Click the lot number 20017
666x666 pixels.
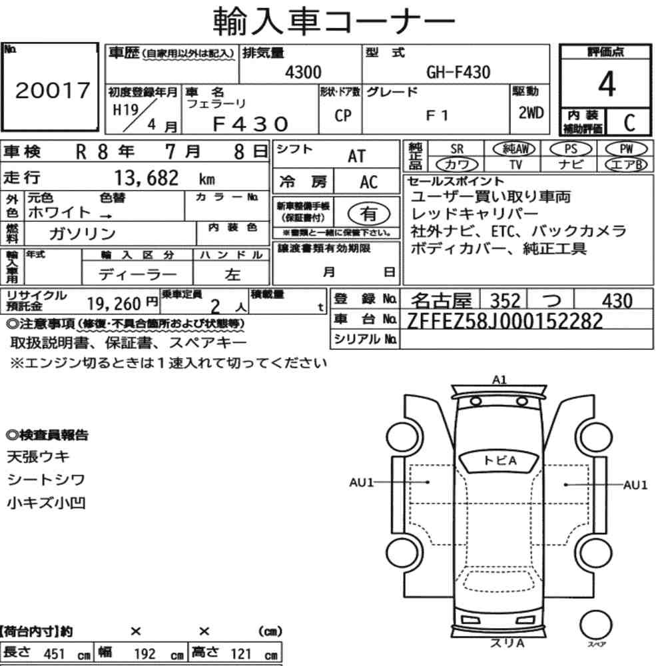53,90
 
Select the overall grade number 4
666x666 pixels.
607,84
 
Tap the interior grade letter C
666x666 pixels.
629,123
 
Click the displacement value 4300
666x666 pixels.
303,72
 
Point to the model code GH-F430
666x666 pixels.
458,72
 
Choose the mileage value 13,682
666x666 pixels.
147,178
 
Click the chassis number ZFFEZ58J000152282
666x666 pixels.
505,321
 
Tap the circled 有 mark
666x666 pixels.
369,214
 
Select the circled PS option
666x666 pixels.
571,149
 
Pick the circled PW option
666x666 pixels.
626,149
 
